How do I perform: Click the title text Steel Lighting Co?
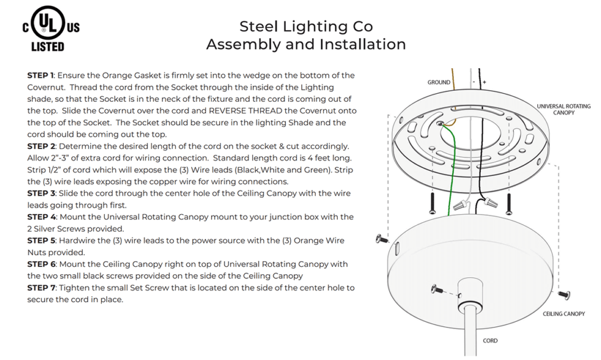point(305,26)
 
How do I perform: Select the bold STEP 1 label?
point(40,75)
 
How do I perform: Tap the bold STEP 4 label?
point(41,217)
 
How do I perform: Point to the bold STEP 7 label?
point(41,288)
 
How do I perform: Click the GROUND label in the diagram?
point(438,82)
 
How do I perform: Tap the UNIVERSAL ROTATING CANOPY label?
point(563,109)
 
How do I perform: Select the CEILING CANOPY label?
point(563,314)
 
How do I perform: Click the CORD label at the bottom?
point(490,340)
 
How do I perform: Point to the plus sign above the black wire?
point(484,82)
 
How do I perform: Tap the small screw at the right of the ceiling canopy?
point(564,295)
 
